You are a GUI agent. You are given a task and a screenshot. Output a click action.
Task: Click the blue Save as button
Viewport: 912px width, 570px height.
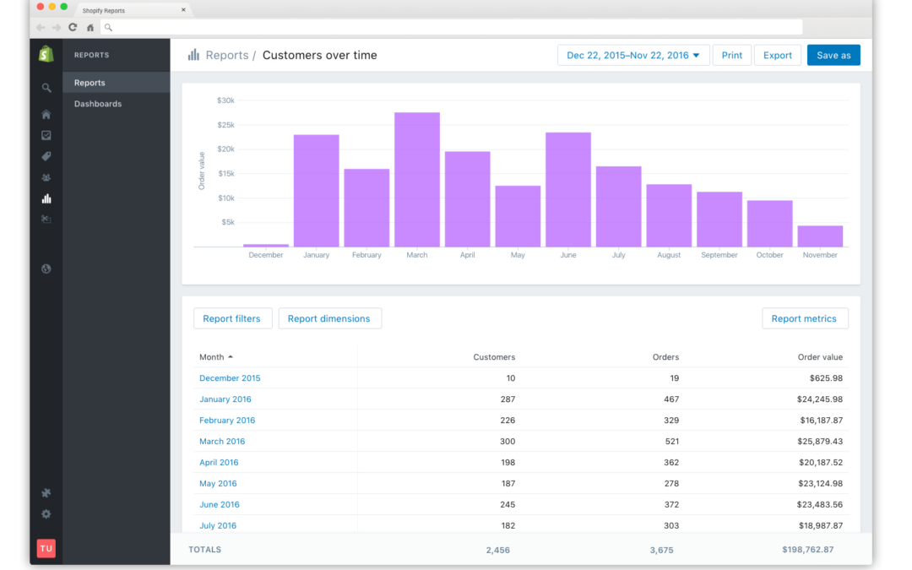tap(833, 55)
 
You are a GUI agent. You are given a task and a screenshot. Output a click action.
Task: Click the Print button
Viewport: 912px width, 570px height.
tap(731, 55)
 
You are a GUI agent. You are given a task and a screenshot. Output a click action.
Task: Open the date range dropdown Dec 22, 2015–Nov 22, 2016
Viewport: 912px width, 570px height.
tap(632, 55)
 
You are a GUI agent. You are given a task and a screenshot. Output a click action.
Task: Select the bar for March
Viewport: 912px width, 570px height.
tap(417, 180)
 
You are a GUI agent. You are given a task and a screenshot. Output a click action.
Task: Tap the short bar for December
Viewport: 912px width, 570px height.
tap(266, 246)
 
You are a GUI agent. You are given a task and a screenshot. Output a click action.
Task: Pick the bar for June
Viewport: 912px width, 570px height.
tap(568, 190)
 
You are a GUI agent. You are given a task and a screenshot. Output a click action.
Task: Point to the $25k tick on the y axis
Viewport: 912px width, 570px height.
tap(225, 125)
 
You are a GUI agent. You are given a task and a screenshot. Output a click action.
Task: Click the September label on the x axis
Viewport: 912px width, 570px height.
tap(719, 255)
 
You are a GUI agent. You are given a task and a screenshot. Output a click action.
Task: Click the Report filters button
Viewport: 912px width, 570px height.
tap(232, 318)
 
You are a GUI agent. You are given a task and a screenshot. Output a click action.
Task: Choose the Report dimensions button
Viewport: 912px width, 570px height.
tap(329, 318)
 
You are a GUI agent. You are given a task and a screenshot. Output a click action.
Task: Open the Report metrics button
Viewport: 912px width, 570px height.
tap(804, 318)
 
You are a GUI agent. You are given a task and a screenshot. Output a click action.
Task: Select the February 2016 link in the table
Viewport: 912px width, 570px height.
tap(227, 421)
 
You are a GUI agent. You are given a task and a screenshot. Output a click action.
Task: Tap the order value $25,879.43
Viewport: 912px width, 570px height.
tap(819, 442)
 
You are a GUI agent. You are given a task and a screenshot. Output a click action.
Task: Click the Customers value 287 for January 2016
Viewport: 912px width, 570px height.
tap(508, 399)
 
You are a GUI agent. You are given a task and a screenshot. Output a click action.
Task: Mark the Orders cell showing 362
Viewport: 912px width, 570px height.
tap(671, 463)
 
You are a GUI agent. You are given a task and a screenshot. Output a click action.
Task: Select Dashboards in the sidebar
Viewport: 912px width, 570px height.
tap(98, 104)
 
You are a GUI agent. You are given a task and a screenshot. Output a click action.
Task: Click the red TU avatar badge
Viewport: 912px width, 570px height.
tap(46, 548)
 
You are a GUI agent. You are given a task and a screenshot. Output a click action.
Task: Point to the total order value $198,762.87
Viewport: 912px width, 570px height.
tap(807, 550)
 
